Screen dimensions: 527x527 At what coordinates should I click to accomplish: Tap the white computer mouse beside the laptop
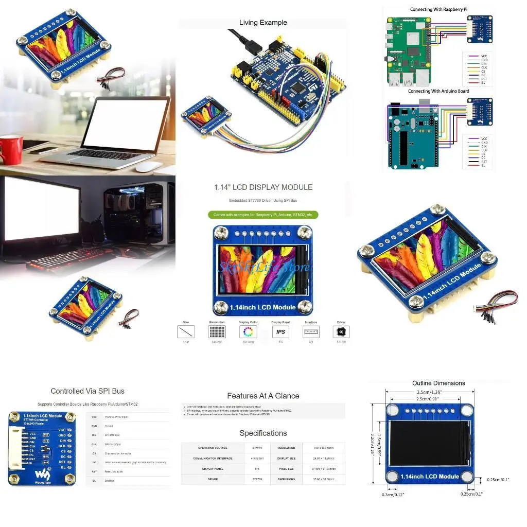click(149, 167)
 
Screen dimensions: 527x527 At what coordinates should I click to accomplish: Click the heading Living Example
click(263, 23)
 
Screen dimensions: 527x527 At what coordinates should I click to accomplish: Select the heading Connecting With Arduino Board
click(438, 91)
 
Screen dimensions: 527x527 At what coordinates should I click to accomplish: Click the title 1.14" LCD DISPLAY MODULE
click(263, 187)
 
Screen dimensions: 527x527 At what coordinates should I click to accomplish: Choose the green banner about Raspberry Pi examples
click(263, 215)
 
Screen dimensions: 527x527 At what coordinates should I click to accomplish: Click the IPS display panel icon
click(280, 332)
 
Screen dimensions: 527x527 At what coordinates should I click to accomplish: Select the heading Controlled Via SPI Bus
click(87, 391)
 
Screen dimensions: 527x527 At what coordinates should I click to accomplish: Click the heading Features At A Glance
click(263, 396)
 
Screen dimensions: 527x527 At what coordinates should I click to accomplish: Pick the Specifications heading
click(263, 433)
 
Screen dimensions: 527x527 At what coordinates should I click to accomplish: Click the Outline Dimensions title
click(438, 383)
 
